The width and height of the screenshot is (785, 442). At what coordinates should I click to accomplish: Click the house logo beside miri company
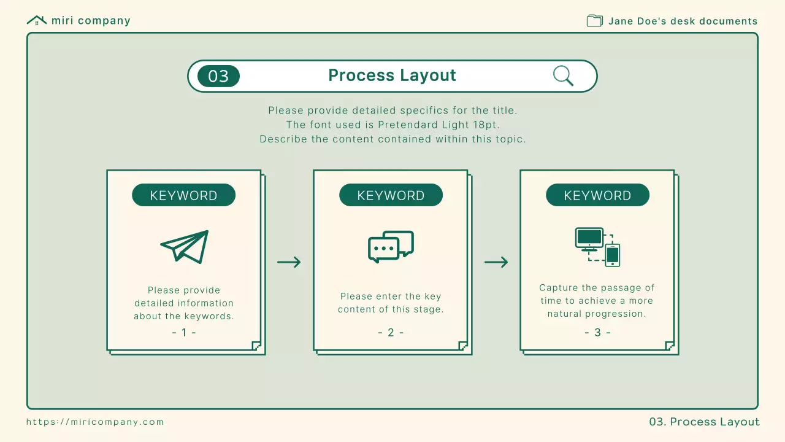[x=37, y=20]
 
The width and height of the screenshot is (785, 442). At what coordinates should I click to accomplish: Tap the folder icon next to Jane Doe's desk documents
[x=595, y=21]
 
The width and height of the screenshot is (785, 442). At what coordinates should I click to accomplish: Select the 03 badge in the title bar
[x=219, y=76]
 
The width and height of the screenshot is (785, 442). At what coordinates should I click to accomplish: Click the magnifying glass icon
[x=563, y=76]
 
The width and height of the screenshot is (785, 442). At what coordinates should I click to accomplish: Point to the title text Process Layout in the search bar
[x=392, y=75]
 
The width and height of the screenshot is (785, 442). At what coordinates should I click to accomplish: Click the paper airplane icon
[x=185, y=247]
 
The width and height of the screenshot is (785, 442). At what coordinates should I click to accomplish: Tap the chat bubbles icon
[x=391, y=247]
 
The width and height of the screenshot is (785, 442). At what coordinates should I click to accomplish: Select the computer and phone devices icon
[x=597, y=247]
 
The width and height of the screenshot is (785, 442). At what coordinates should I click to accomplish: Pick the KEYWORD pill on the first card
[x=183, y=195]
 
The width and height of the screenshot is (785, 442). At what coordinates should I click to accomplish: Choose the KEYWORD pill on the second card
[x=391, y=195]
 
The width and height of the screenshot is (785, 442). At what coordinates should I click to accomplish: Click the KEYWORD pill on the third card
[x=597, y=195]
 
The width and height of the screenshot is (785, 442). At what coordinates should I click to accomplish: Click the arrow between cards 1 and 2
[x=289, y=262]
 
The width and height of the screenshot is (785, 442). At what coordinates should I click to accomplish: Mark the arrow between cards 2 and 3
[x=496, y=262]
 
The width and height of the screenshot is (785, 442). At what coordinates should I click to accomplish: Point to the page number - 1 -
[x=184, y=332]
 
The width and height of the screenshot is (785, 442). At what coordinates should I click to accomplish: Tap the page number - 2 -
[x=391, y=332]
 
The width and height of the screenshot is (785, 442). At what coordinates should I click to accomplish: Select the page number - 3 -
[x=597, y=332]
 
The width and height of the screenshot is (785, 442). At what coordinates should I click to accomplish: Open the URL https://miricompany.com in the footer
[x=95, y=422]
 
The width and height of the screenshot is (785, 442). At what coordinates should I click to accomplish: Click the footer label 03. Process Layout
[x=704, y=422]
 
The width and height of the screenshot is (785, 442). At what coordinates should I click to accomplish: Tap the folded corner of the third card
[x=669, y=346]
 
